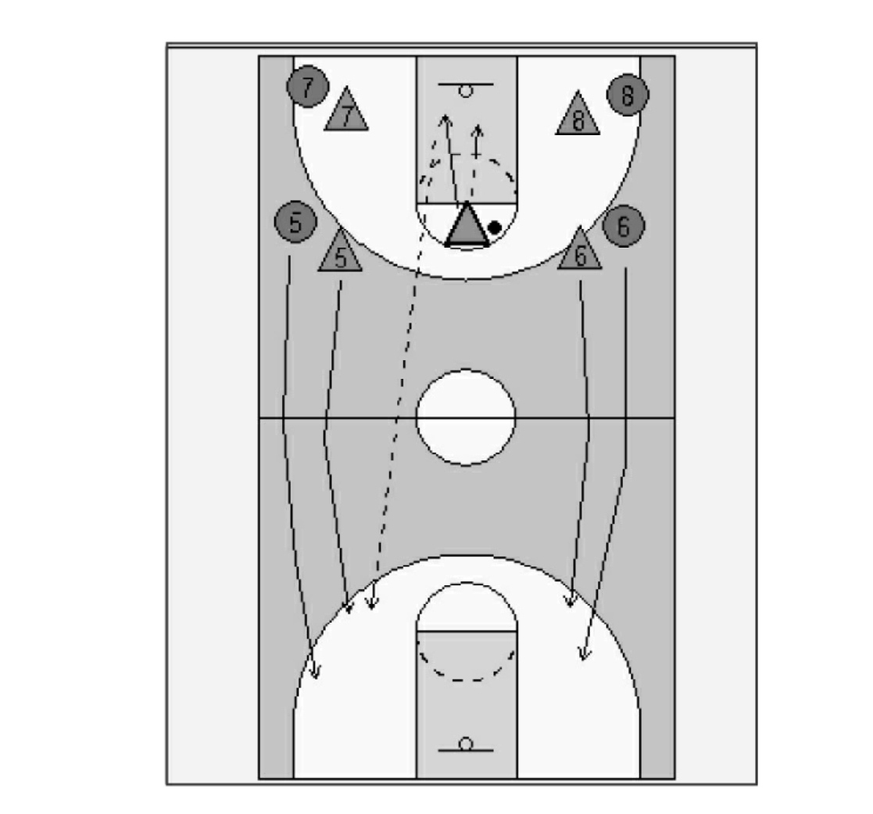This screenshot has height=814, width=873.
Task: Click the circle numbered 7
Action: point(308,86)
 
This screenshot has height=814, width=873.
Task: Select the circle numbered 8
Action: point(628,95)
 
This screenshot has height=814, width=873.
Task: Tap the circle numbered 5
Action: point(295,221)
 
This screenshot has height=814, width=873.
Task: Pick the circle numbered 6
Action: point(624,225)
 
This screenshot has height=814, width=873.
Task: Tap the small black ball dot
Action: point(494,227)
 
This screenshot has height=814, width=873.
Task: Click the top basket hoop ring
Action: point(466,91)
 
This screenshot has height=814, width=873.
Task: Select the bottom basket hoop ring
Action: point(466,744)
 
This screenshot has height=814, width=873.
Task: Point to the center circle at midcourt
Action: point(466,370)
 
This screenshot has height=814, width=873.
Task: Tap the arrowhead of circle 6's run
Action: point(583,653)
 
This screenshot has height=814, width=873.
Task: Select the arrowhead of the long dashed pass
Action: point(372,602)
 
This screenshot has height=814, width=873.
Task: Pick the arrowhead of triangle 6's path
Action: point(569,601)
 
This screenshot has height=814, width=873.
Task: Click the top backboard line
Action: point(466,84)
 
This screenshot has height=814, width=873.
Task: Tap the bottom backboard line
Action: point(466,751)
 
